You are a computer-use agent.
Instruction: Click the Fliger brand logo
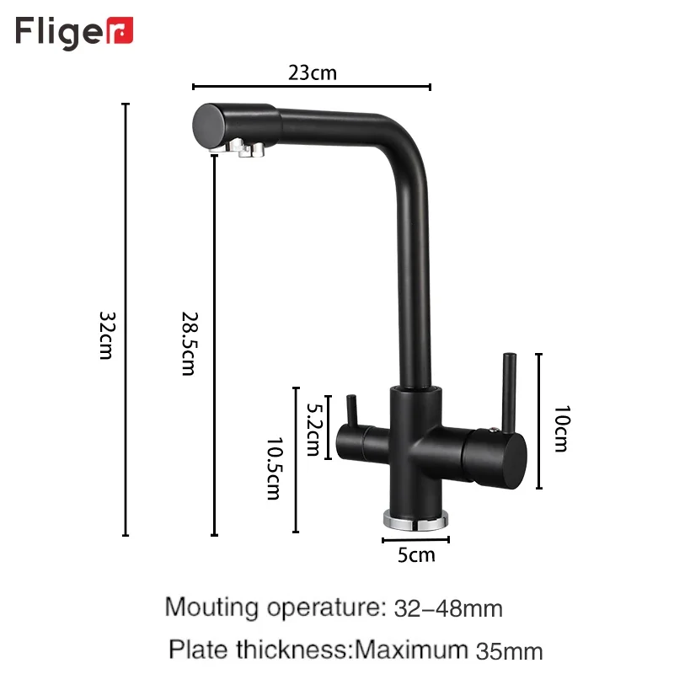(74, 32)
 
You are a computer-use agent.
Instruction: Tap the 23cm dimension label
(313, 72)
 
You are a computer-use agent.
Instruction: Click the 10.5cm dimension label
(273, 468)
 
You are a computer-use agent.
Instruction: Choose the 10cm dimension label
(560, 428)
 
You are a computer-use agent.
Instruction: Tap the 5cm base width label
(416, 554)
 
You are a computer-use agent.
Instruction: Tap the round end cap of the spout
(208, 126)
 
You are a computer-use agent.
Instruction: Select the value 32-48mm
(448, 607)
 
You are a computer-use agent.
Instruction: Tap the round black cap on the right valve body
(511, 459)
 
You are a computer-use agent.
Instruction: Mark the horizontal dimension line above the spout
(312, 86)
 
